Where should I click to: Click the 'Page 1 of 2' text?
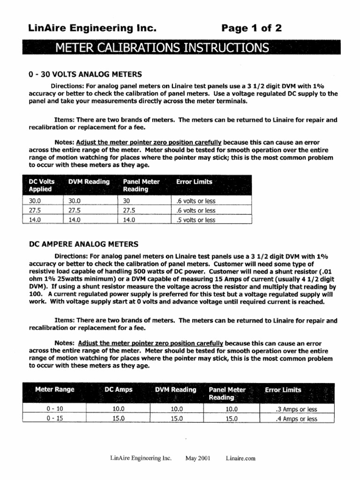pyautogui.click(x=252, y=29)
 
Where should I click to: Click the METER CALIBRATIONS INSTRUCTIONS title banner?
pyautogui.click(x=162, y=48)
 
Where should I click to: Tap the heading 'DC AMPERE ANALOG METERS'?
pyautogui.click(x=84, y=244)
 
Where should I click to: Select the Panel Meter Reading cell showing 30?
pyautogui.click(x=127, y=201)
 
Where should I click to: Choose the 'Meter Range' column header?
pyautogui.click(x=54, y=390)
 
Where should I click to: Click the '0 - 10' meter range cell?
pyautogui.click(x=54, y=409)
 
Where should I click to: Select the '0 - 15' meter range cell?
pyautogui.click(x=54, y=419)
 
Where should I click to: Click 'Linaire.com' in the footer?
pyautogui.click(x=240, y=458)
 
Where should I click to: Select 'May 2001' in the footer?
pyautogui.click(x=198, y=458)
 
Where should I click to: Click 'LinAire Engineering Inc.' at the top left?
pyautogui.click(x=92, y=29)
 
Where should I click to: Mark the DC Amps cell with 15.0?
pyautogui.click(x=118, y=419)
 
